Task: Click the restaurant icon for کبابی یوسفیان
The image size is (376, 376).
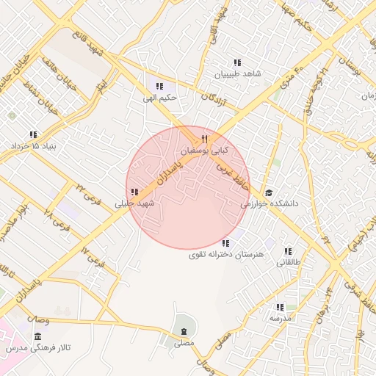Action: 205,139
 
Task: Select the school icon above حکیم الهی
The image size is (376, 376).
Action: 159,86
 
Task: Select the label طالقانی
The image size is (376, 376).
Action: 289,261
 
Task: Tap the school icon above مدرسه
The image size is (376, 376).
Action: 280,307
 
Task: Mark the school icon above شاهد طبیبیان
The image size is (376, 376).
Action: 237,63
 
